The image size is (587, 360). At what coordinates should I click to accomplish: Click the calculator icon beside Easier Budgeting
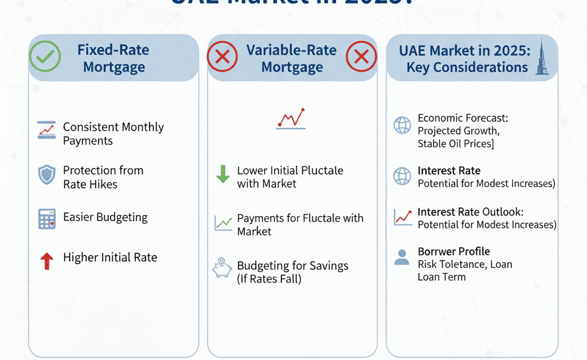[x=46, y=218]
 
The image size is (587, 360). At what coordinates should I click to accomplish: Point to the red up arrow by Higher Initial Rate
[x=46, y=261]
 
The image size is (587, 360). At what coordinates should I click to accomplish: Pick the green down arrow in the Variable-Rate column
[x=222, y=174]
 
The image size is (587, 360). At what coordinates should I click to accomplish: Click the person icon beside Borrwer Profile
[x=402, y=256]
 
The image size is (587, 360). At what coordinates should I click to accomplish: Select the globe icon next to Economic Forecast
[x=402, y=125]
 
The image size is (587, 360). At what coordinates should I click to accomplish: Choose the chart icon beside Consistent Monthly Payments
[x=46, y=130]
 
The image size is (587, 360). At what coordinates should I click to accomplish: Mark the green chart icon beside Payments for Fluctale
[x=222, y=222]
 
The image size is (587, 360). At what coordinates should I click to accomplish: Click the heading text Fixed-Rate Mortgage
[x=114, y=58]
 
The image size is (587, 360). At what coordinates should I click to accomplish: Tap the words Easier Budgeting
[x=105, y=217]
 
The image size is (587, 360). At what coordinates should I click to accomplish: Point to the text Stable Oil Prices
[x=455, y=143]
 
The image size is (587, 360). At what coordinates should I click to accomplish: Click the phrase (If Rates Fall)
[x=269, y=279]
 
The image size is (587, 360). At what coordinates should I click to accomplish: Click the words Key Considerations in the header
[x=467, y=67]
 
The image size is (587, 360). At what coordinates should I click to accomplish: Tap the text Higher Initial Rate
[x=110, y=257]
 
